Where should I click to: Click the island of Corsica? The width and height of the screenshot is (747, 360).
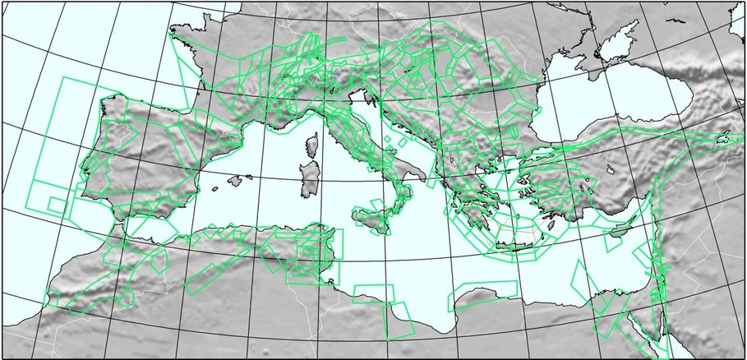312,148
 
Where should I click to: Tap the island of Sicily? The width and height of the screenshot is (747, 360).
371,219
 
